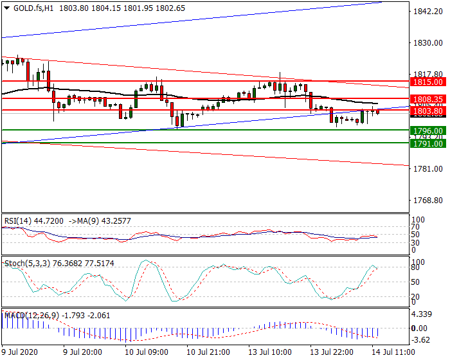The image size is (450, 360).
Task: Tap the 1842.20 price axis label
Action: (428, 12)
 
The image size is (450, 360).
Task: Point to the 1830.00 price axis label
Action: (428, 44)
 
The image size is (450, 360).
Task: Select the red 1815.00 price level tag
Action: (428, 82)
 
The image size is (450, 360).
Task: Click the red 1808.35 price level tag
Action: (428, 99)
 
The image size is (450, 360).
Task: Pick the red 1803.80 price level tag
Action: (428, 111)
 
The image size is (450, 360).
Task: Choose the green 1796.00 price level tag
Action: (428, 130)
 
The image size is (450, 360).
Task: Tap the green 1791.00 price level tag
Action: (428, 143)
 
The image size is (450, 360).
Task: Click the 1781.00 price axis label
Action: (428, 169)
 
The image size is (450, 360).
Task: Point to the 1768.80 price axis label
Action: (428, 201)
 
